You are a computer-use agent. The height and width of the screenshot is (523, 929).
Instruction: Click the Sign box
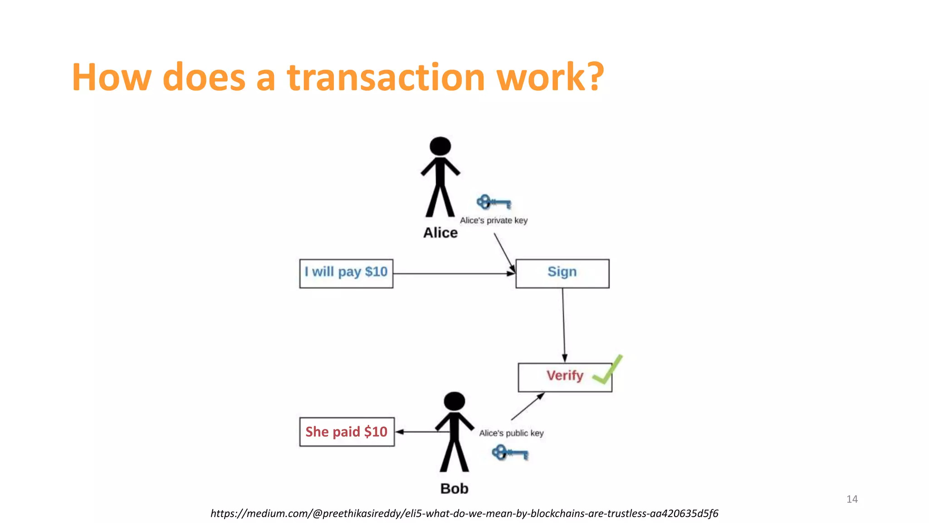click(x=562, y=273)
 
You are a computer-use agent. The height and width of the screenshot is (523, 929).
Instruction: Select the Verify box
click(x=564, y=377)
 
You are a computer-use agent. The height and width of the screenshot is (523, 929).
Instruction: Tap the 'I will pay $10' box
click(x=346, y=273)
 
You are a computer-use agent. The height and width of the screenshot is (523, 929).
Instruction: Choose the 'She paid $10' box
click(x=347, y=432)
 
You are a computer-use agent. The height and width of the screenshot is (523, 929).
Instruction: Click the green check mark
click(x=608, y=370)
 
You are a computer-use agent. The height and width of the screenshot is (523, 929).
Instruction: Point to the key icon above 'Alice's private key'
click(x=494, y=202)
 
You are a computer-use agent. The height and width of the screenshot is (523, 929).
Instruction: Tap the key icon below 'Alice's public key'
click(x=510, y=453)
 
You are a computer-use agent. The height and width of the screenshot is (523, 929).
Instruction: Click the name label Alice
click(x=440, y=232)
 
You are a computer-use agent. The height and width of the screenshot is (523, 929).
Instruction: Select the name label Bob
click(x=454, y=488)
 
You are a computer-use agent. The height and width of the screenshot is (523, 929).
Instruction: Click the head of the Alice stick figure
click(x=440, y=146)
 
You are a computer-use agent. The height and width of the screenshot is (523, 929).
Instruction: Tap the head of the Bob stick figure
click(x=454, y=401)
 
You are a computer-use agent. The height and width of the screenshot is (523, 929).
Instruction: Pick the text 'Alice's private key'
click(x=494, y=221)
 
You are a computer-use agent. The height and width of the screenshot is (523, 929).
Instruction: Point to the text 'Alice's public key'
click(x=511, y=433)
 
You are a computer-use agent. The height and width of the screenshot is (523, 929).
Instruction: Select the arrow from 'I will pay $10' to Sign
click(x=454, y=274)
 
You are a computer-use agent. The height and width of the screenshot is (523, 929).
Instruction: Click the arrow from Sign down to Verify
click(x=564, y=325)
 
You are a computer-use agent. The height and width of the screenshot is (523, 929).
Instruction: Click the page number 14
click(x=852, y=499)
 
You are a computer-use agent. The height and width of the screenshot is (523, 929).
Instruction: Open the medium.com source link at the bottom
click(x=464, y=513)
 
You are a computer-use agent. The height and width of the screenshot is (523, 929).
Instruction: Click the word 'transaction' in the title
click(x=386, y=77)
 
